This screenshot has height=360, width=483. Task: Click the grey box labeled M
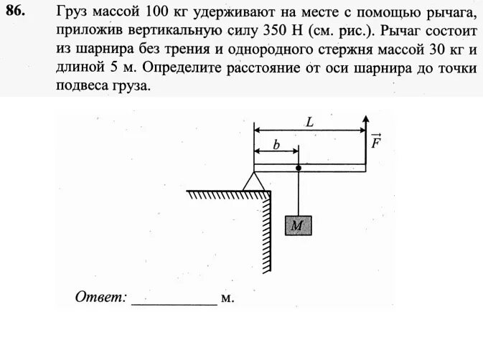pyautogui.click(x=298, y=226)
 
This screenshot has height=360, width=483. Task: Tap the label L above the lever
pyautogui.click(x=309, y=122)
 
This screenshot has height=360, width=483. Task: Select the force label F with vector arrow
pyautogui.click(x=376, y=141)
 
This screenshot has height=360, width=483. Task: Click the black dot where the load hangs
pyautogui.click(x=298, y=169)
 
